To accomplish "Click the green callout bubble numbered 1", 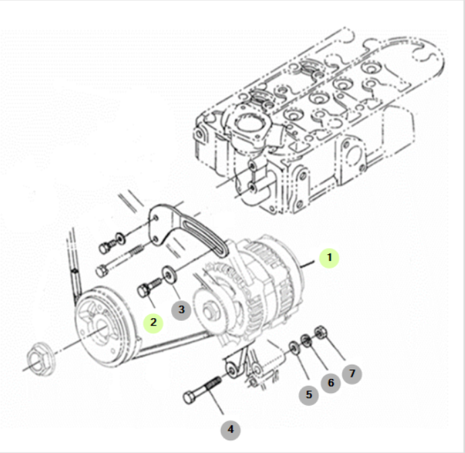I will tap(330, 257).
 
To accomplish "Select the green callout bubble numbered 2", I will tap(153, 322).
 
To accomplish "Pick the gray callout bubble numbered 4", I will tap(230, 428).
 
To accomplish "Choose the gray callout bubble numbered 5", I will tap(309, 394).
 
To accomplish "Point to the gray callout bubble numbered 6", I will tap(330, 383).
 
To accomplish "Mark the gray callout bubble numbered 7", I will tap(352, 372).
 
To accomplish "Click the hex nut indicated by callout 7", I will tap(321, 332).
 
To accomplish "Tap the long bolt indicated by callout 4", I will tap(202, 390).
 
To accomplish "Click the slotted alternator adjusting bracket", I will tap(189, 229).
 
